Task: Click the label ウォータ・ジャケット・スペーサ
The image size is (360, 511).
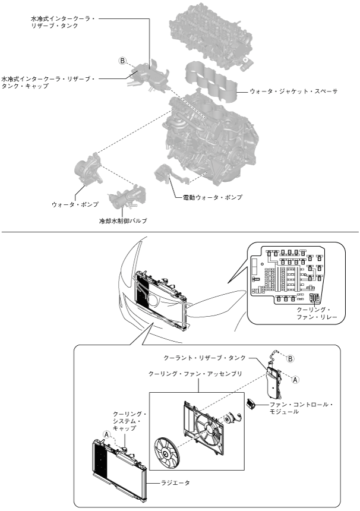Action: click(293, 92)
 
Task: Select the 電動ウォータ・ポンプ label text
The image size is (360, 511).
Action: click(213, 197)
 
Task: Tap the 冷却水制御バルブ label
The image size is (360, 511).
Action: click(123, 220)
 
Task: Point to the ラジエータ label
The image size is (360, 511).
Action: click(175, 483)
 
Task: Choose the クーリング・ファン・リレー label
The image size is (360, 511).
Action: click(316, 314)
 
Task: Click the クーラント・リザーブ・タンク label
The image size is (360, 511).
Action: click(213, 357)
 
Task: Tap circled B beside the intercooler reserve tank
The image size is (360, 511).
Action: click(123, 61)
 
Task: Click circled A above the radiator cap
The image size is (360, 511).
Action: click(107, 434)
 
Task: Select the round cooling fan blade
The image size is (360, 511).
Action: click(166, 456)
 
